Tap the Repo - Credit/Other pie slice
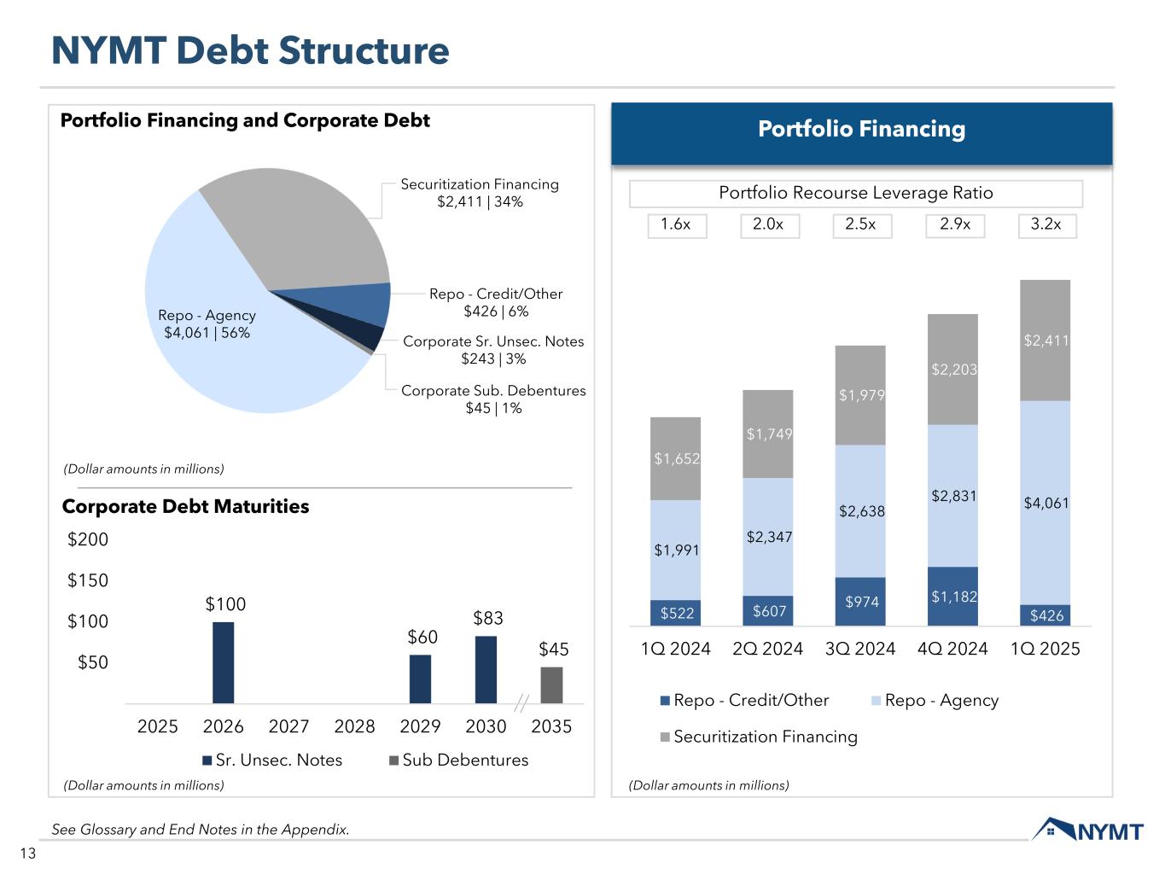coord(367,304)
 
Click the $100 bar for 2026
coord(224,662)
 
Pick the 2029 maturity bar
coord(420,679)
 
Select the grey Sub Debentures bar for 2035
coord(551,685)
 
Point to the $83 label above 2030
coord(488,618)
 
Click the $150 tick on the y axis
coord(88,580)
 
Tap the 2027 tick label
coord(288,726)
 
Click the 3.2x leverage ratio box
coord(1046,224)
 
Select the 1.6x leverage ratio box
coord(676,224)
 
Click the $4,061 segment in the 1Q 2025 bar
coord(1046,503)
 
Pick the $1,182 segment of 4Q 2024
coord(953,596)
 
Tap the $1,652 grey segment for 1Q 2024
coord(676,458)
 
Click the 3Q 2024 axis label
coord(860,649)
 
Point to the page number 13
coord(28,854)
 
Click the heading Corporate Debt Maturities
coord(185,506)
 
